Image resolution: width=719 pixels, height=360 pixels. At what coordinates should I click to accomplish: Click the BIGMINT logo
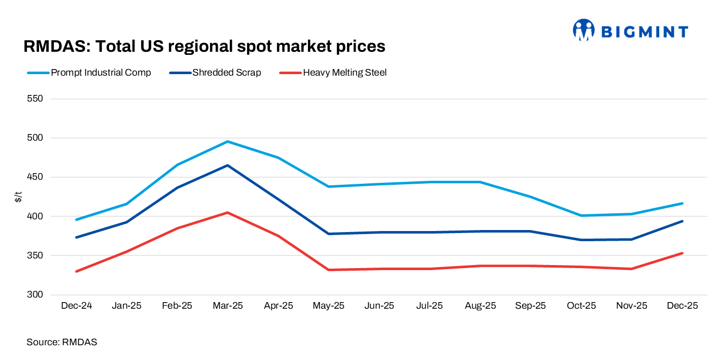630,31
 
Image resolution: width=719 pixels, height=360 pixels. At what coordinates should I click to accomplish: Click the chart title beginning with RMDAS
204,47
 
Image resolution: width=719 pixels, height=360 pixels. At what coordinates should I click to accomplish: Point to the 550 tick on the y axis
36,99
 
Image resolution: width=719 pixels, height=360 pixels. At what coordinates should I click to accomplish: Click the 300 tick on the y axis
36,295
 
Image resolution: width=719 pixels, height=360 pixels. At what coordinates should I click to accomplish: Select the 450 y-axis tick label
36,177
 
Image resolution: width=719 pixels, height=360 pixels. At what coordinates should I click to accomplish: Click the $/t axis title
18,197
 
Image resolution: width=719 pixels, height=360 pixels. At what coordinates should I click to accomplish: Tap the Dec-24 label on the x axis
76,306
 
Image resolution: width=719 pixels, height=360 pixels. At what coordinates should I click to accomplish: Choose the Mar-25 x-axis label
228,306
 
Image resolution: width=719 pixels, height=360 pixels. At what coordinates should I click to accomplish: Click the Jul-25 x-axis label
430,306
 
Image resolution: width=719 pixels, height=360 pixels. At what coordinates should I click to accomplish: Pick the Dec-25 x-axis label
682,306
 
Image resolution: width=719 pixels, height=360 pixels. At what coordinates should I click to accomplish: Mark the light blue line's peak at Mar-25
228,142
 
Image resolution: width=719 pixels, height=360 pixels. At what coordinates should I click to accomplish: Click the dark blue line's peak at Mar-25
228,165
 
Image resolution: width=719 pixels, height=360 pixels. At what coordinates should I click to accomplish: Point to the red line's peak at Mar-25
228,213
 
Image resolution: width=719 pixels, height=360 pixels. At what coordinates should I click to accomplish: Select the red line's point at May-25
329,270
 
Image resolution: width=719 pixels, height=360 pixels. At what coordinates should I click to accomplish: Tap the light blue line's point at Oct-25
581,215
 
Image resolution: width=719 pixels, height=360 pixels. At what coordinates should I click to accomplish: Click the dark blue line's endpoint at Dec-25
682,221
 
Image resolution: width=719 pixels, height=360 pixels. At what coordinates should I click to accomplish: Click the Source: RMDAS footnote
61,343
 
